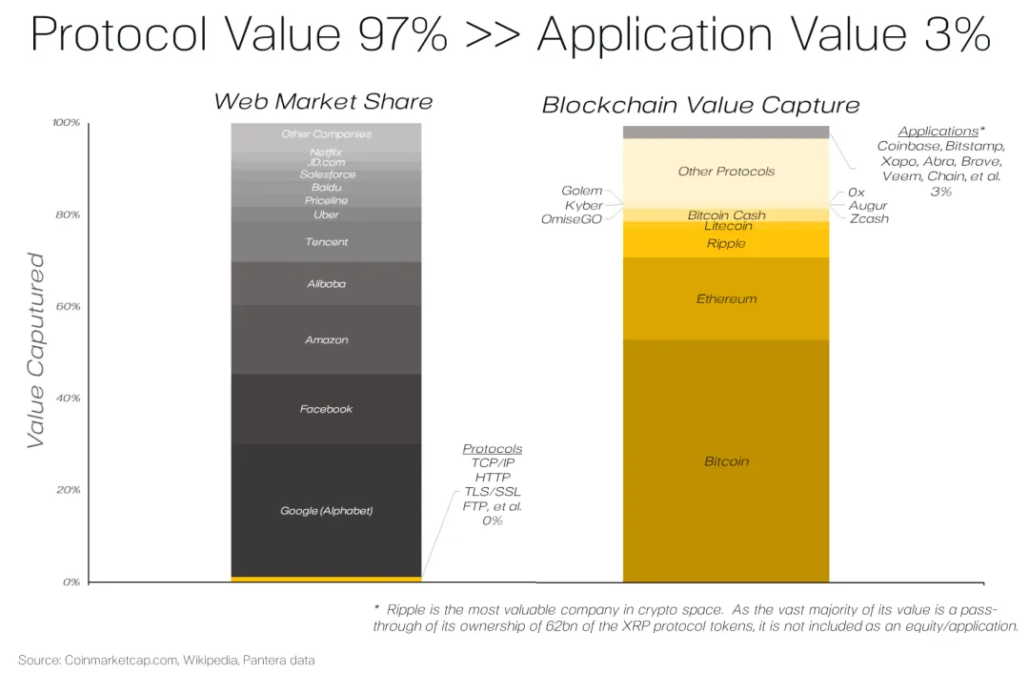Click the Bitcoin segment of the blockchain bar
click(x=726, y=461)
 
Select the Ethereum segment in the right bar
click(x=726, y=299)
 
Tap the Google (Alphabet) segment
click(x=326, y=511)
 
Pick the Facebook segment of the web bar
click(x=326, y=409)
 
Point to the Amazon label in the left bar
click(x=326, y=340)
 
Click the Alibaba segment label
click(x=326, y=284)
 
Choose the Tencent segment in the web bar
click(x=326, y=242)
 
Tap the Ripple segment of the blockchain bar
click(x=726, y=244)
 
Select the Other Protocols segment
click(x=726, y=172)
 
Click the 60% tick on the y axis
click(x=67, y=307)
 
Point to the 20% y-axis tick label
click(x=67, y=490)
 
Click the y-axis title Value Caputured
click(x=35, y=350)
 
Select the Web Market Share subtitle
click(x=323, y=102)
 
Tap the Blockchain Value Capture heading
click(x=700, y=105)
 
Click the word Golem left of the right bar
click(x=581, y=192)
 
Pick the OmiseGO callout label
click(x=572, y=220)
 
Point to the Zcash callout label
click(x=868, y=219)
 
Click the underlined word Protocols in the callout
click(x=492, y=449)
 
